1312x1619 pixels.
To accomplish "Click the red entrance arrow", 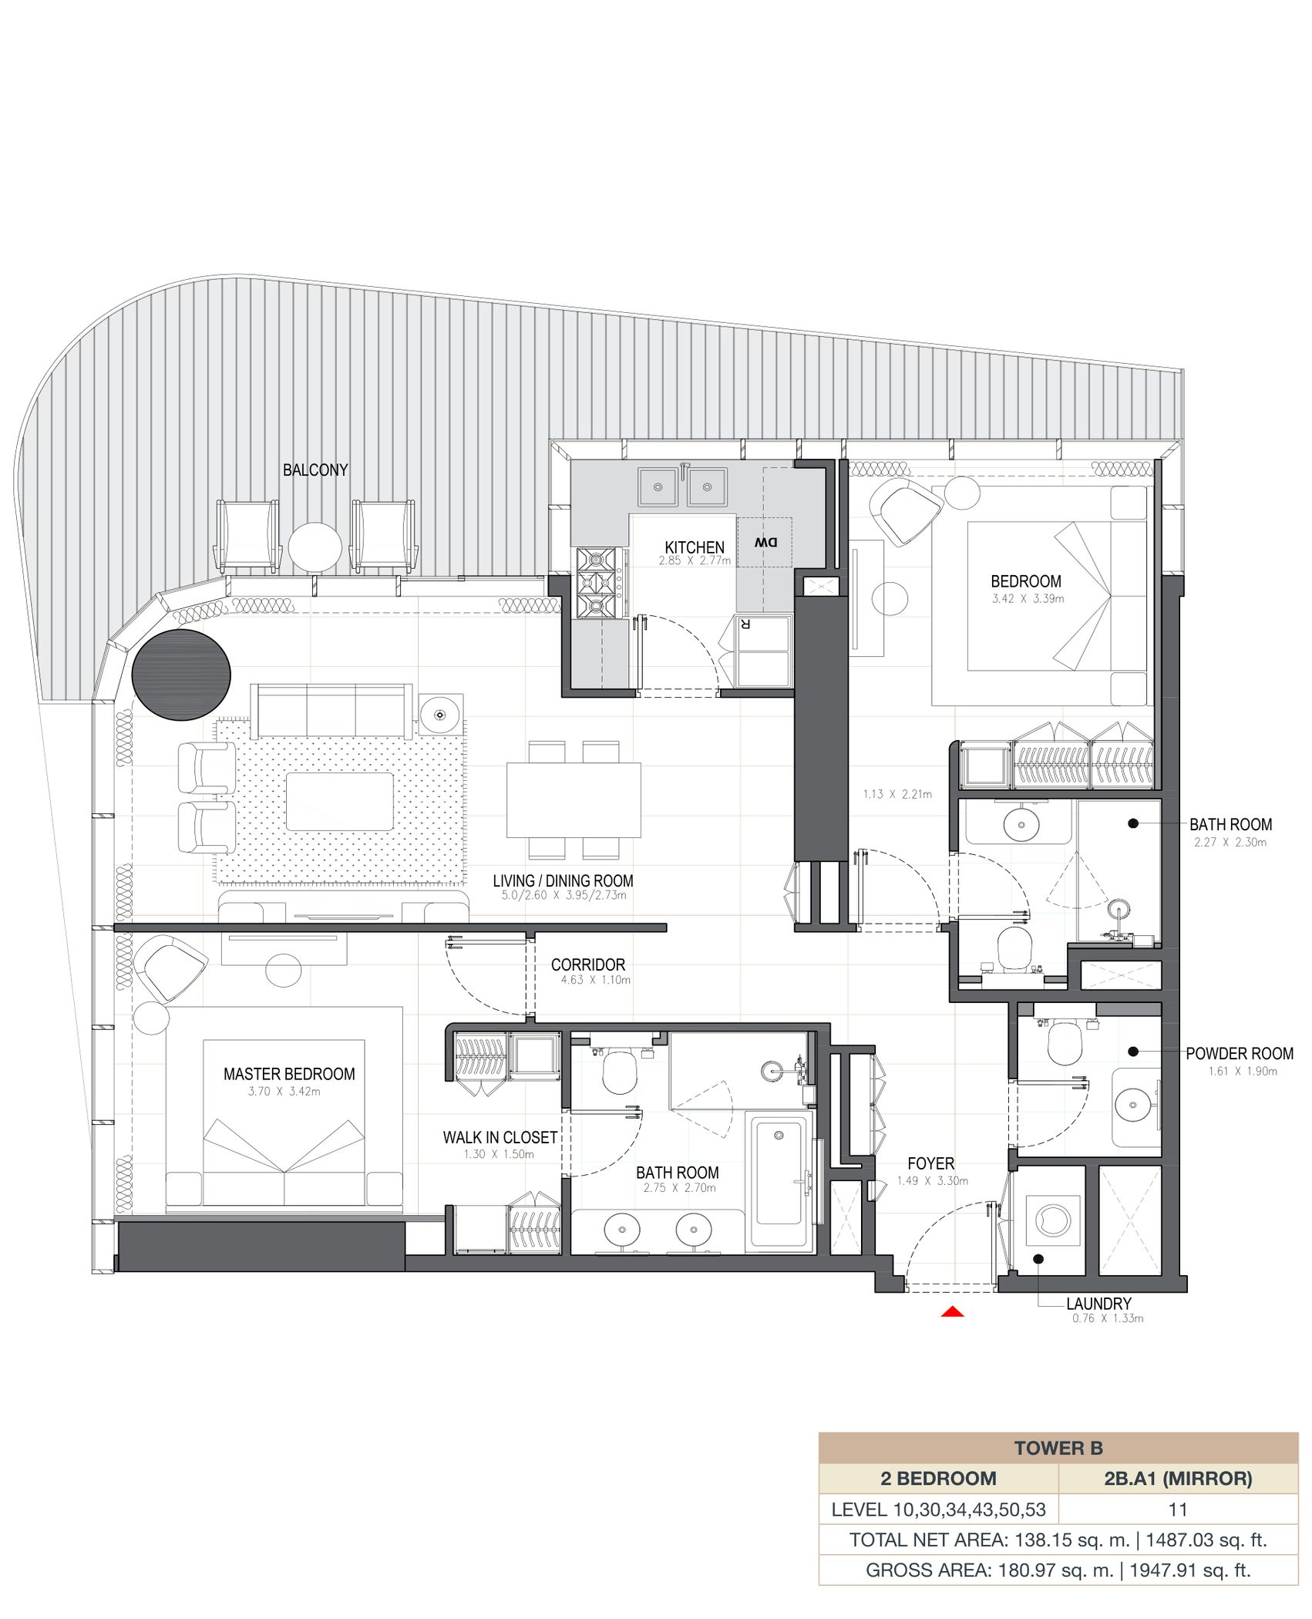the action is click(x=953, y=1311).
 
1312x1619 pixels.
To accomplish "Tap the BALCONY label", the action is click(x=315, y=470).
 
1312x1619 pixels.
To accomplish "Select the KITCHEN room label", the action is click(x=695, y=547).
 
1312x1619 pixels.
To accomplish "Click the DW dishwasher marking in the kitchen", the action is click(x=765, y=542).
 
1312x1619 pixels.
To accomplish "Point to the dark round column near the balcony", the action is click(x=181, y=675).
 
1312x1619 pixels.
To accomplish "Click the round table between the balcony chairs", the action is click(x=315, y=547).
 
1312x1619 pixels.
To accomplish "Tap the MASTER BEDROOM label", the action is click(x=289, y=1074).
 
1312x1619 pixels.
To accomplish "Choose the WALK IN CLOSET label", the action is click(x=500, y=1137).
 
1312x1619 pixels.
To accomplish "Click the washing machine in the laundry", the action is click(x=1053, y=1220).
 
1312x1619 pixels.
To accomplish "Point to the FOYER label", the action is click(x=930, y=1163).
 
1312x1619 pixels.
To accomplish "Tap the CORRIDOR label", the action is click(x=588, y=964).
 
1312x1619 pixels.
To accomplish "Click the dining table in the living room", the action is click(x=574, y=799).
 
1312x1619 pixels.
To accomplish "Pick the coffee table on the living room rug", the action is click(x=339, y=802).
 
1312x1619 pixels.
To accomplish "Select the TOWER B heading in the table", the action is click(x=1058, y=1448).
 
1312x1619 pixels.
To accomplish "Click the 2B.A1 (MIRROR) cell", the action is click(x=1178, y=1478).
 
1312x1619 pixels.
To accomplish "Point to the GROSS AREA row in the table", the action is click(x=1058, y=1570).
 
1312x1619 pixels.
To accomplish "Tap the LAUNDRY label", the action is click(x=1098, y=1304).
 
